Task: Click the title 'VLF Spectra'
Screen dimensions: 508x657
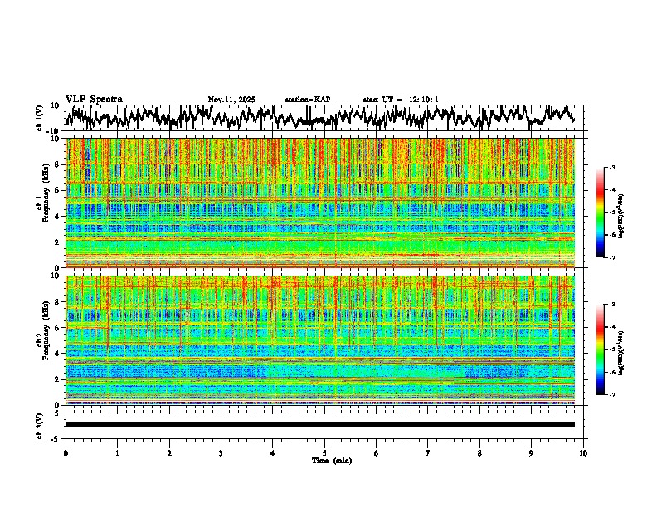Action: point(94,99)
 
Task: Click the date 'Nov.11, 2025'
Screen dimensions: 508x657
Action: point(231,100)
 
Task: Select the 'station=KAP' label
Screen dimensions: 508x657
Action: point(307,100)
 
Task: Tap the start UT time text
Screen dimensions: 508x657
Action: point(401,100)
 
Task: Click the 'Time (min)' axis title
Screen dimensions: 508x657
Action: point(324,461)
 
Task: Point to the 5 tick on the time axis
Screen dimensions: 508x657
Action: point(324,453)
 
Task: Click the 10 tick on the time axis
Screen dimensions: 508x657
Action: point(583,453)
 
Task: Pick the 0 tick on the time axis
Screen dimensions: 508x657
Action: point(66,453)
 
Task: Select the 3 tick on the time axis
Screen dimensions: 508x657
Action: point(221,453)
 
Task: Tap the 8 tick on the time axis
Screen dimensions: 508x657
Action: point(479,453)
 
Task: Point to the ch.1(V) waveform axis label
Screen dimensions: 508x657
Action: point(41,118)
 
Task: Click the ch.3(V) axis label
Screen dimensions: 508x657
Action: point(41,424)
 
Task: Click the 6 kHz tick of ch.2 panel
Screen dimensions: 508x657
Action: point(59,328)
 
